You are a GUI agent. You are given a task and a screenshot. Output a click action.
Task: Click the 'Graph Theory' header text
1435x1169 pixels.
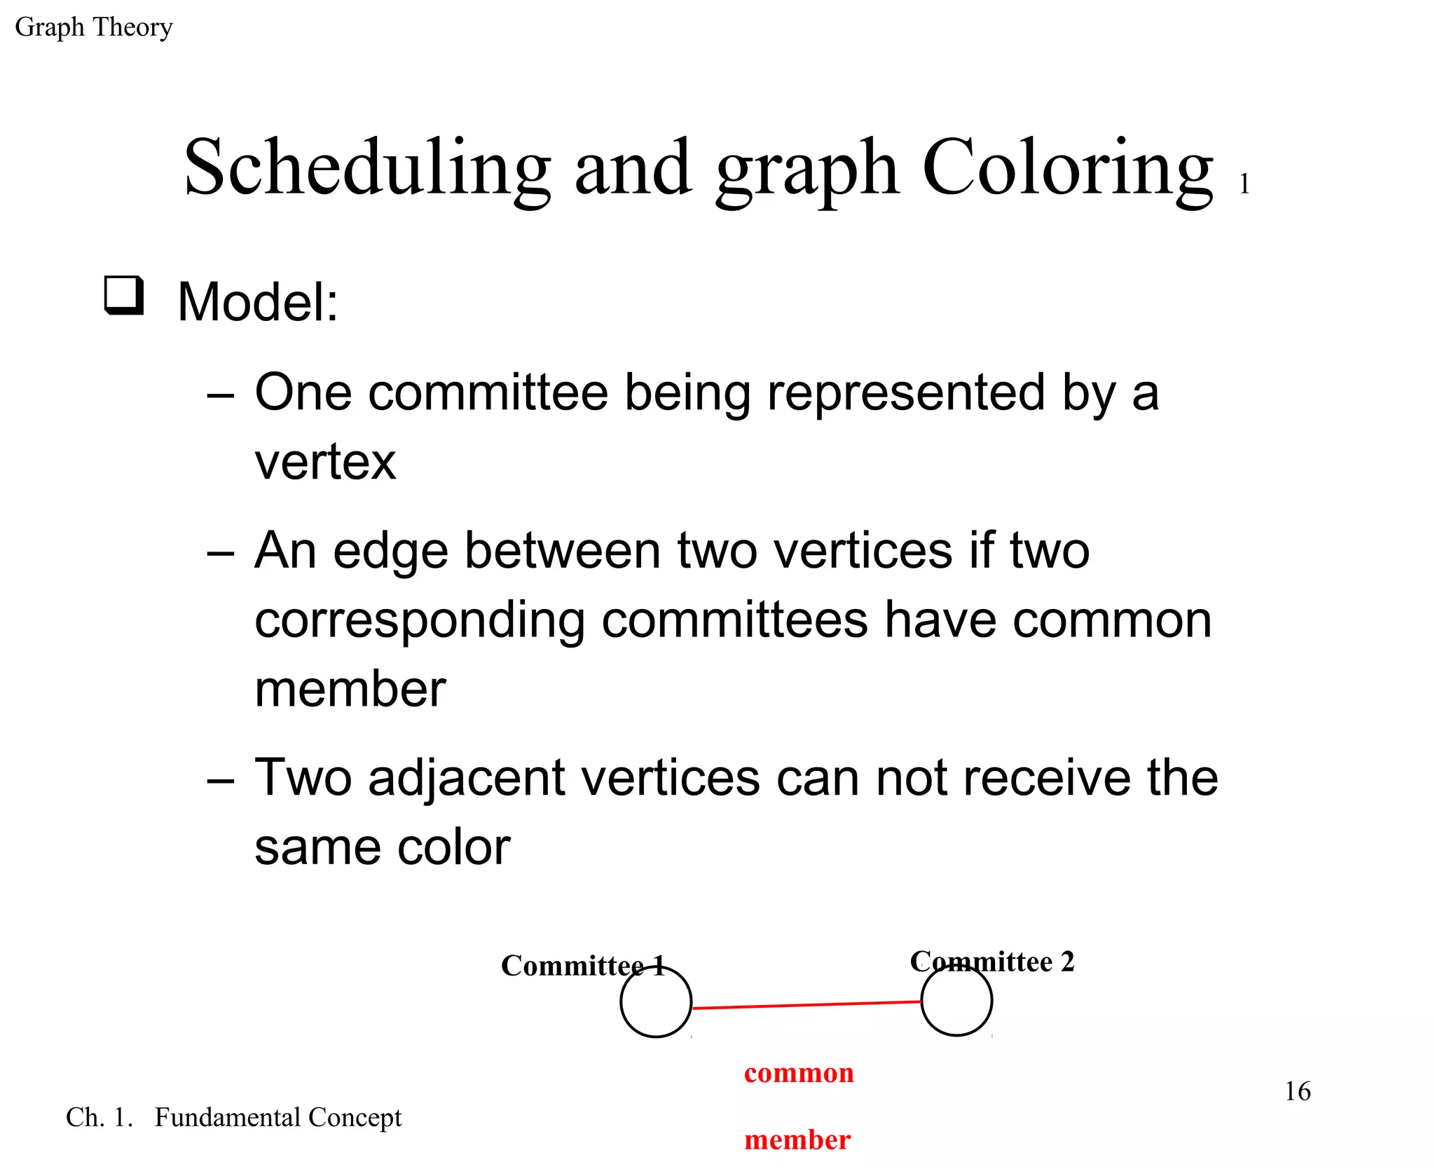click(x=93, y=27)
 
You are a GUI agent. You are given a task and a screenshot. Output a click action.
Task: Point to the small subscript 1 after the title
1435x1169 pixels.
click(x=1244, y=184)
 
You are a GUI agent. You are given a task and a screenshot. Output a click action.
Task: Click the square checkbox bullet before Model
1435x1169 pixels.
click(x=124, y=296)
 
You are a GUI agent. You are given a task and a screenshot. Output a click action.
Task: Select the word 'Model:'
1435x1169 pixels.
click(x=258, y=303)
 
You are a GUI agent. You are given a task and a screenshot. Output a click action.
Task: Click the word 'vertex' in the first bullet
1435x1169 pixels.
click(x=325, y=463)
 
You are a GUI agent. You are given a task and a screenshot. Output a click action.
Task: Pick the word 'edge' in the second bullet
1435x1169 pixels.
click(x=390, y=551)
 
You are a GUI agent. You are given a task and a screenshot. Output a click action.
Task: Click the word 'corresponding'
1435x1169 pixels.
click(x=419, y=621)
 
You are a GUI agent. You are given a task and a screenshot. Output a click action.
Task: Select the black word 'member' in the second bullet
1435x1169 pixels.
click(x=350, y=690)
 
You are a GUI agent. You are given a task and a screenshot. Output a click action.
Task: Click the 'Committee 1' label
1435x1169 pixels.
click(x=582, y=966)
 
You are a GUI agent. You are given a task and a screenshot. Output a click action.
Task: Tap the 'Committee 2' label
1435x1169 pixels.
click(x=991, y=962)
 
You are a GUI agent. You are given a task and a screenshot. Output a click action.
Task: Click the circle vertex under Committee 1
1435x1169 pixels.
click(x=656, y=1002)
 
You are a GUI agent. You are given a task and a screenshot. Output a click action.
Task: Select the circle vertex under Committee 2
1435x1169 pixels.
click(x=956, y=1001)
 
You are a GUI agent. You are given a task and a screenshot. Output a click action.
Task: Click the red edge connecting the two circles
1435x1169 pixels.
click(x=806, y=1005)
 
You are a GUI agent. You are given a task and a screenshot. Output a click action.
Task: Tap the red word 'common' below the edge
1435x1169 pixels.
click(x=799, y=1073)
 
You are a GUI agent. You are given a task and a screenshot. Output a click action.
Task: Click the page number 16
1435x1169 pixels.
click(x=1297, y=1091)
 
